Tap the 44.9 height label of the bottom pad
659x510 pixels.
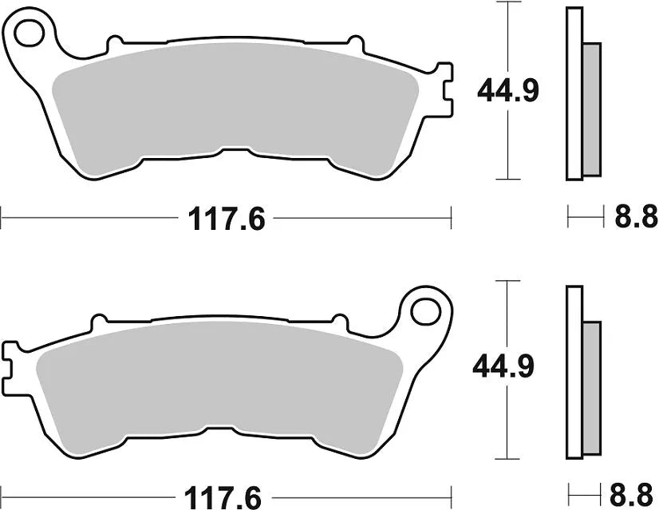pos(504,366)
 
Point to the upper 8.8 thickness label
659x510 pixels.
pos(636,215)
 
